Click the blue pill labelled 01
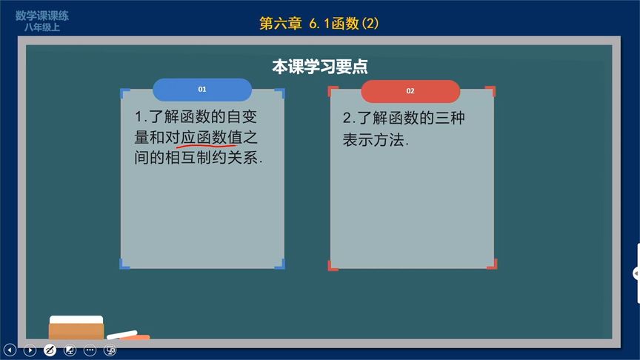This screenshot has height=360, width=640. [201, 90]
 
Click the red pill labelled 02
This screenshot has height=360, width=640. [410, 91]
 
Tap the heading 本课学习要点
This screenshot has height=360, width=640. [320, 67]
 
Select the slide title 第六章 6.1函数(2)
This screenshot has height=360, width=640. [319, 24]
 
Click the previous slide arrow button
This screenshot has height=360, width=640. [10, 349]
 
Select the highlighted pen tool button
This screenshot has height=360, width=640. [50, 349]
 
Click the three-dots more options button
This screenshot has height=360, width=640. [90, 349]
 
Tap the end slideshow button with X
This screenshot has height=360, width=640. [110, 349]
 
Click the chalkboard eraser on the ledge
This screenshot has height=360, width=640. [76, 327]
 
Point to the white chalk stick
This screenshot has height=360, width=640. [123, 335]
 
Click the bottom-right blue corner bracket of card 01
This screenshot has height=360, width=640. [279, 263]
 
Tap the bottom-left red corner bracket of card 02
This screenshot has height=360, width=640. [333, 264]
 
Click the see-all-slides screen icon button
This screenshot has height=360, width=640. [70, 349]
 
